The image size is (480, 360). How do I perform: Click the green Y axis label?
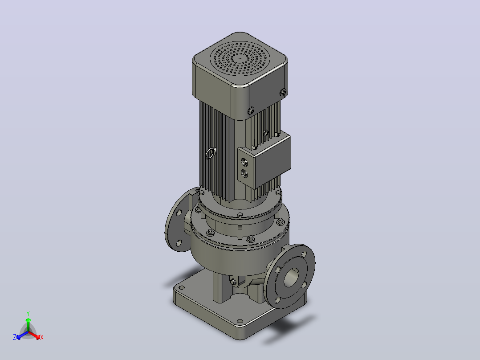coord(28,313)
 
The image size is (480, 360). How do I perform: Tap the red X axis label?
coord(42,337)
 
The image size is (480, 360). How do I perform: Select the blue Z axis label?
coord(15,337)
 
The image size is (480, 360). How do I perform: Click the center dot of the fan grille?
coord(240,58)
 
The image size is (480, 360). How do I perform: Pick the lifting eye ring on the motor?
coord(210,153)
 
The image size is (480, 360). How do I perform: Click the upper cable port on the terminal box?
coord(244,162)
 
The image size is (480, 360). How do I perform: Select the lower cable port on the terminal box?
coord(244,174)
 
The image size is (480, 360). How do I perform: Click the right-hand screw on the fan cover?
coord(283,92)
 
